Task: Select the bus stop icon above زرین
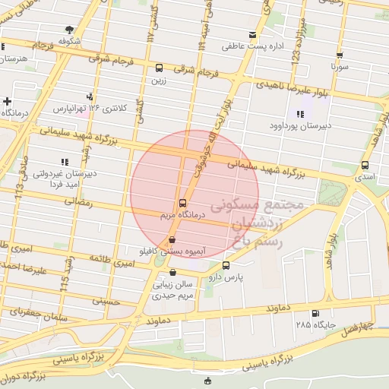159,68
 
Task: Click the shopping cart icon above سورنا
339,55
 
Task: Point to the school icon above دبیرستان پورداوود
300,114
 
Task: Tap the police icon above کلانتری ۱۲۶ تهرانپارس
90,96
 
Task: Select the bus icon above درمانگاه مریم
182,203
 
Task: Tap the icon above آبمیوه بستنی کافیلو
169,240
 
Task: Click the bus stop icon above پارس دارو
226,265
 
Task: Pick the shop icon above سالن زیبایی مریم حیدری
174,273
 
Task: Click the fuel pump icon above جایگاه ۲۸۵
315,314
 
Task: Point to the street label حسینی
106,301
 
